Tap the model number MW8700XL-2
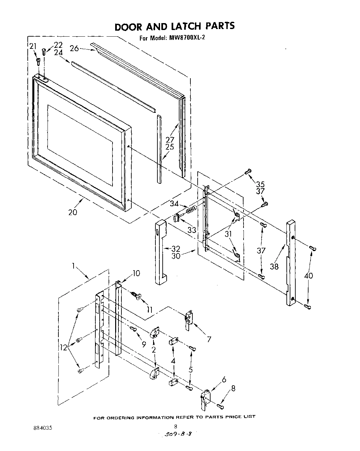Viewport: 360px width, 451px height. [185, 38]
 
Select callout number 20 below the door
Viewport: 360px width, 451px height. [73, 212]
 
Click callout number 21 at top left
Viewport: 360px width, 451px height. [33, 46]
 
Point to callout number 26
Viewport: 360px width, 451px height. [74, 48]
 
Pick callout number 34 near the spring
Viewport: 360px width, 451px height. [175, 204]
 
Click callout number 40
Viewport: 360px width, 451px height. [309, 275]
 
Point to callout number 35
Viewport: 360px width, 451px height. [260, 184]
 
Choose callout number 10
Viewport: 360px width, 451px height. [136, 273]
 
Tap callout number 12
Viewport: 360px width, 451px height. [63, 347]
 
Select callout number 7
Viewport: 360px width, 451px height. [209, 338]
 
